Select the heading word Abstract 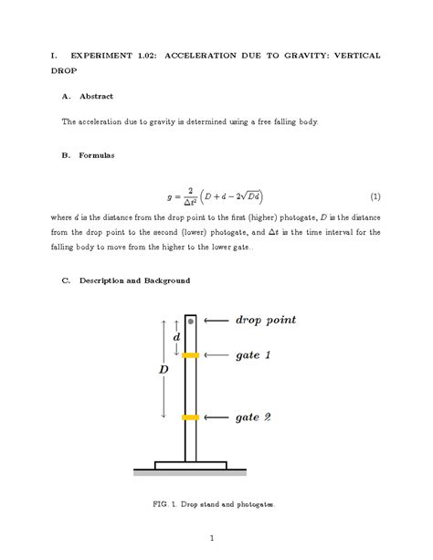tap(97, 95)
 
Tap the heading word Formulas tap(98, 155)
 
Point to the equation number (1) tap(375, 196)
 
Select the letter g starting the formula tap(169, 196)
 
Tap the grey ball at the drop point tap(190, 321)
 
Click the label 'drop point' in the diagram tap(265, 321)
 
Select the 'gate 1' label tap(253, 354)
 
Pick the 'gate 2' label tap(253, 417)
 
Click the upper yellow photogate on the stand tap(190, 354)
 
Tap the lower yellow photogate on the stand tap(190, 417)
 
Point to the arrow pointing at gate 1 tap(216, 354)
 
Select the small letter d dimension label tap(175, 338)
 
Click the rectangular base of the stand tap(190, 465)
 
